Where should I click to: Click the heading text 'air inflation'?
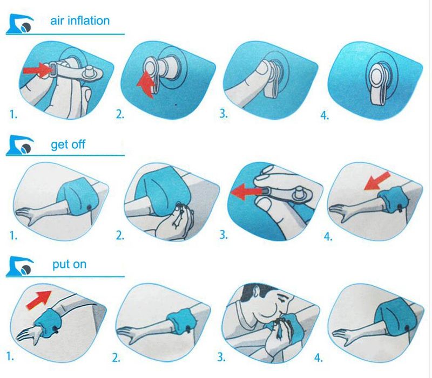[80, 21]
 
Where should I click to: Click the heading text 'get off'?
[68, 144]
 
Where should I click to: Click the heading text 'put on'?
[70, 264]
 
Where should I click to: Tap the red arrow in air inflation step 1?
[37, 70]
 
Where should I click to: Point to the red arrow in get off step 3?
[246, 191]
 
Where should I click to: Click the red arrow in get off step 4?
[377, 181]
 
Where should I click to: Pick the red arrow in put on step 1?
[39, 300]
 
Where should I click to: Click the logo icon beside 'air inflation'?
[19, 24]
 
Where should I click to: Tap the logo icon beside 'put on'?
[19, 267]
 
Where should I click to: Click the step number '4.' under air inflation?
[325, 115]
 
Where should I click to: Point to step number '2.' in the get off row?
[120, 236]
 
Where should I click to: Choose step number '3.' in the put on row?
[221, 357]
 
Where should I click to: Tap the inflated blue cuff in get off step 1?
[75, 196]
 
